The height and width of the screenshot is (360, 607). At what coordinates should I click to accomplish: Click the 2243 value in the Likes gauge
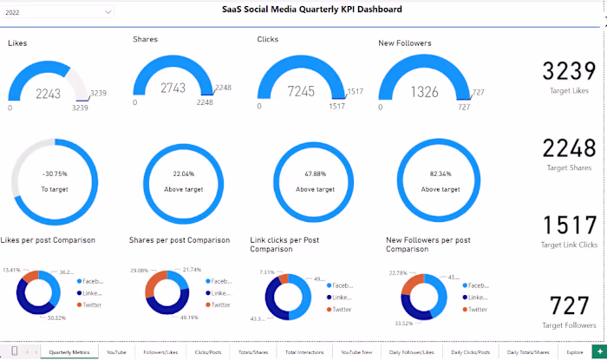(48, 94)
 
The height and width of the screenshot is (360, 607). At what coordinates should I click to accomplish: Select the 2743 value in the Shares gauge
(173, 88)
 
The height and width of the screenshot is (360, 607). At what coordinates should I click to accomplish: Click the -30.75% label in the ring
(54, 174)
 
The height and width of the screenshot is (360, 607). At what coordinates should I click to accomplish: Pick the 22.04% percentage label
(184, 174)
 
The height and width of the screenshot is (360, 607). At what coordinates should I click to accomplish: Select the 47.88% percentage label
(315, 174)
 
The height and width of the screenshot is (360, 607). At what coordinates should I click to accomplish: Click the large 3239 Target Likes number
(570, 72)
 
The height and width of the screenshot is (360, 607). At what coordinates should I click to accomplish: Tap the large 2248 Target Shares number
(570, 148)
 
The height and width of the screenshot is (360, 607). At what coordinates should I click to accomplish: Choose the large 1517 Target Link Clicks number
(570, 226)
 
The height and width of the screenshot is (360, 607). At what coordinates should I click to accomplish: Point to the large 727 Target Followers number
(570, 305)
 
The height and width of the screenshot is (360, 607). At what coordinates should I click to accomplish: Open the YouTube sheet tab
(116, 352)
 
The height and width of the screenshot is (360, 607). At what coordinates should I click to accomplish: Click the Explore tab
(574, 352)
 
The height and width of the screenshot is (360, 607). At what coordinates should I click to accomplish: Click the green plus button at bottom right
(597, 351)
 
